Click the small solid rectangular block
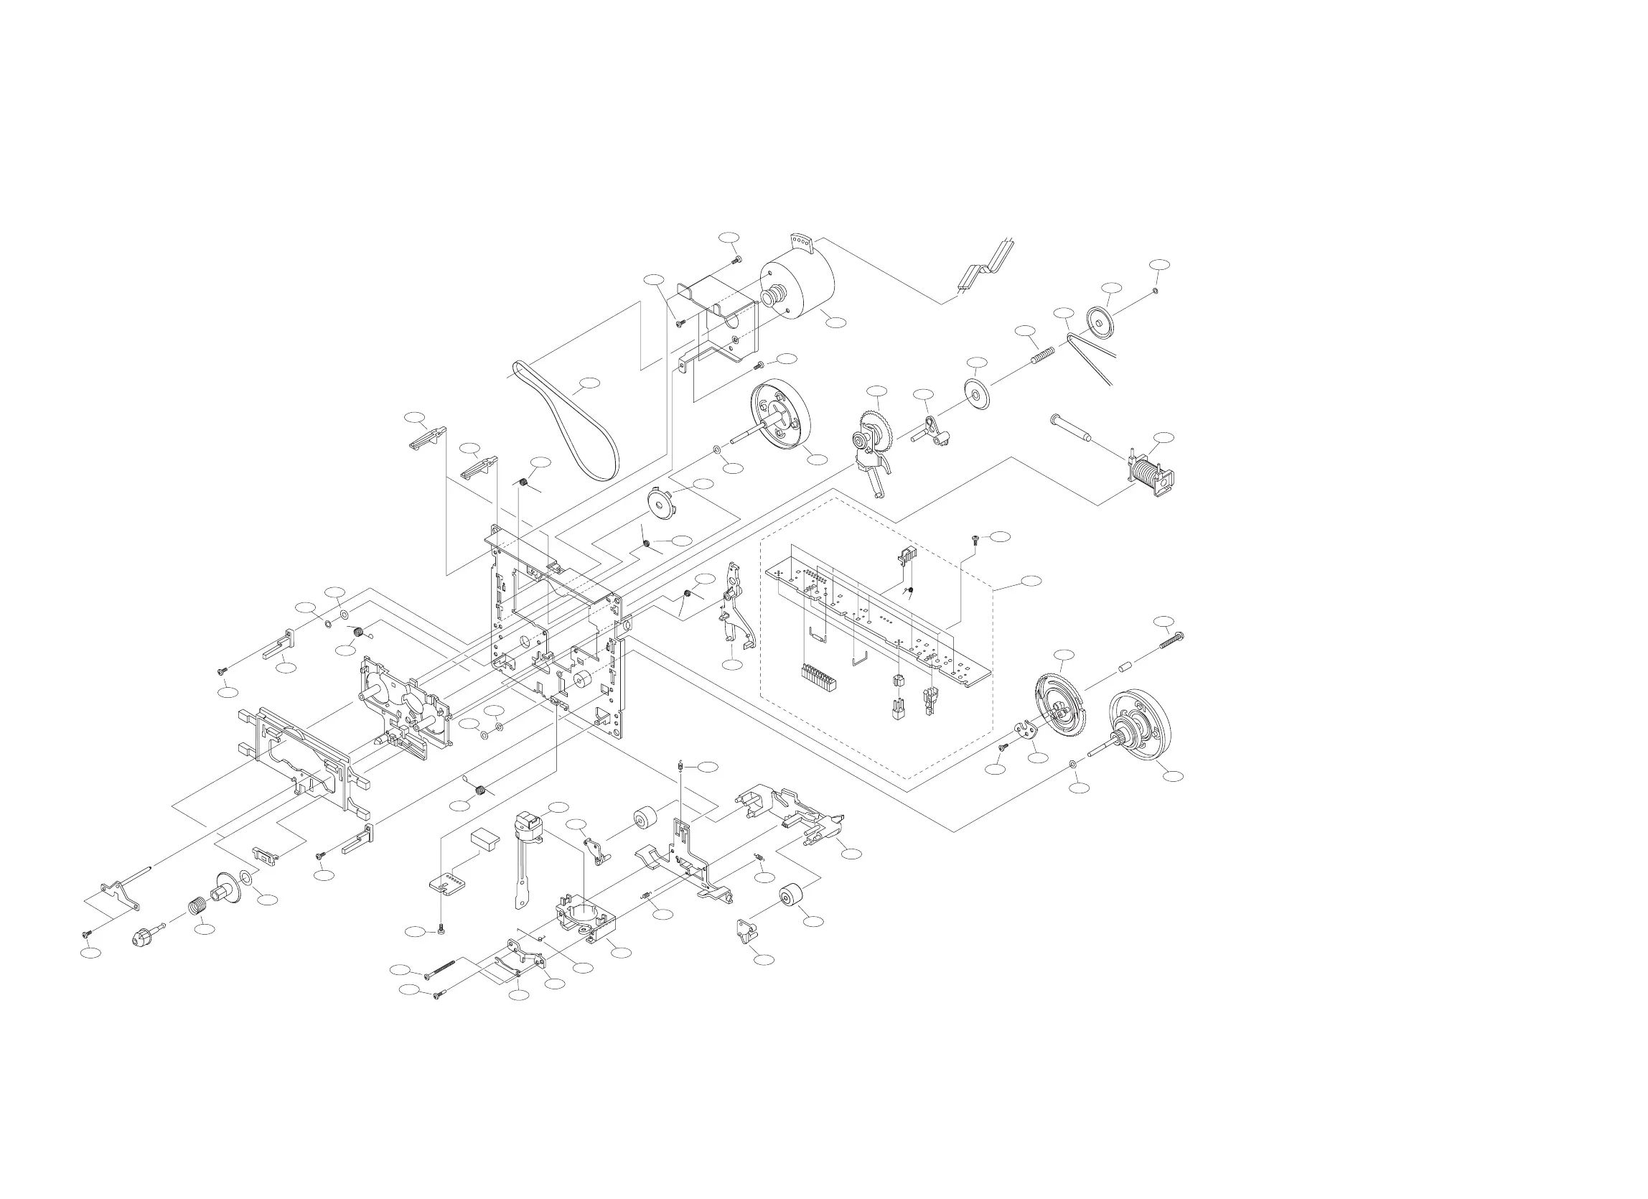tap(485, 840)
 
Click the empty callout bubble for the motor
tap(836, 321)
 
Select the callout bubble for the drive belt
tap(589, 382)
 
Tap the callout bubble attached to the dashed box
tap(1031, 580)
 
